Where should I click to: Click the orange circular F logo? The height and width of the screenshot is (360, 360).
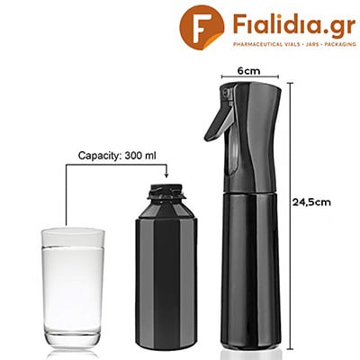click(202, 27)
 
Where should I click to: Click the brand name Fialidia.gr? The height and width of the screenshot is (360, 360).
click(294, 24)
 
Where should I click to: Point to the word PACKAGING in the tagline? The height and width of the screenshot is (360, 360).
click(340, 44)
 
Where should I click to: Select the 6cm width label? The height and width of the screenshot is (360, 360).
click(249, 71)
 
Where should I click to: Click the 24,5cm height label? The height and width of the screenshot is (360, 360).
click(311, 202)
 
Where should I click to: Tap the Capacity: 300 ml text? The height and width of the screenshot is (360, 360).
click(117, 156)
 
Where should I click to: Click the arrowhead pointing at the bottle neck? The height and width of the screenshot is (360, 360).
click(166, 175)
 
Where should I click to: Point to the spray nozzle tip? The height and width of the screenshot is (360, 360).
click(224, 92)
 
